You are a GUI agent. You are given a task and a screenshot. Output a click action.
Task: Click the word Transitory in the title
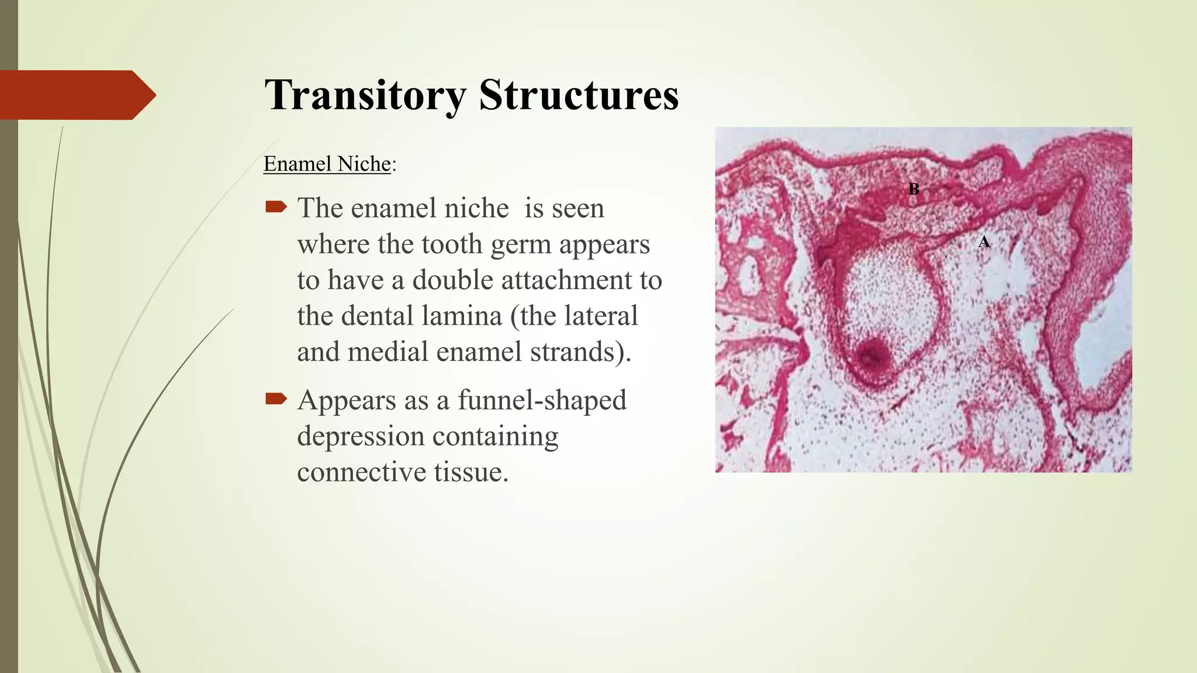[x=365, y=95]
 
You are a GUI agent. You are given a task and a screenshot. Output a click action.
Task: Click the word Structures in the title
[x=579, y=95]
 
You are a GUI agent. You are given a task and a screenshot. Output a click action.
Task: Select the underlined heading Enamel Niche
[x=327, y=164]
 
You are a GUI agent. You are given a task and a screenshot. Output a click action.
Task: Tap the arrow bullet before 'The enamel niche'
[x=276, y=206]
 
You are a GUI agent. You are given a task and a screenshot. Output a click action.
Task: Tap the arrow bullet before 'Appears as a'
[x=276, y=398]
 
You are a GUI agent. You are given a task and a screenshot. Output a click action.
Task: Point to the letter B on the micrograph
[x=914, y=189]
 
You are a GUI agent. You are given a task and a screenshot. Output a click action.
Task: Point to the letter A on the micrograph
[x=984, y=242]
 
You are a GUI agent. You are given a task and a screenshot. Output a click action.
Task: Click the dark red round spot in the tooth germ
[x=871, y=354]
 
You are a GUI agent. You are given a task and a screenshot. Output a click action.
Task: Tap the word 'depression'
[x=361, y=436]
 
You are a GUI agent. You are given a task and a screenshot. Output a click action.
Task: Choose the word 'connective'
[x=361, y=472]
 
